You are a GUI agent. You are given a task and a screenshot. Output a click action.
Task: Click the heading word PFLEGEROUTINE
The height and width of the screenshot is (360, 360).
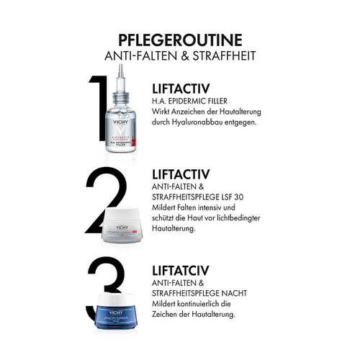[180, 37]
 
